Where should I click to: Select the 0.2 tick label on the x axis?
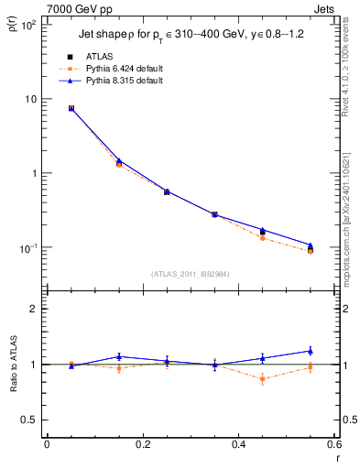(142, 444)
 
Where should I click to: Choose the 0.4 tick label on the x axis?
(238, 444)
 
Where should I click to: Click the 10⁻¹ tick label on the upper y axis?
(27, 248)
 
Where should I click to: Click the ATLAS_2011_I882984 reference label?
(191, 273)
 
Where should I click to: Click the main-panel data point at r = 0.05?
(71, 108)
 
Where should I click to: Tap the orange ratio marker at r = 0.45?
(263, 378)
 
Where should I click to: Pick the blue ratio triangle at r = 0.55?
(311, 351)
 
